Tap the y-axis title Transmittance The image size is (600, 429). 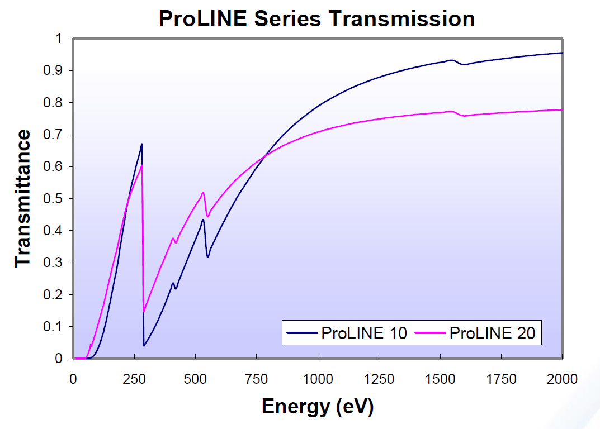(x=23, y=198)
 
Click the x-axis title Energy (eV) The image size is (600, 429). (x=317, y=406)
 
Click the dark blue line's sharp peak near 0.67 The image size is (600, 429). (x=142, y=144)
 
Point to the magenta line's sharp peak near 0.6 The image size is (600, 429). (x=142, y=165)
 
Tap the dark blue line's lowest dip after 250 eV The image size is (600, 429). (x=144, y=346)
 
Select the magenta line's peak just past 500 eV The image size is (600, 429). (x=203, y=193)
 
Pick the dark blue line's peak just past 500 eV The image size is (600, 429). (x=203, y=220)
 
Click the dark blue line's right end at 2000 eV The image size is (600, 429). (x=561, y=53)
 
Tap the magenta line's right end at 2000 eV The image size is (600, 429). (x=561, y=110)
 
